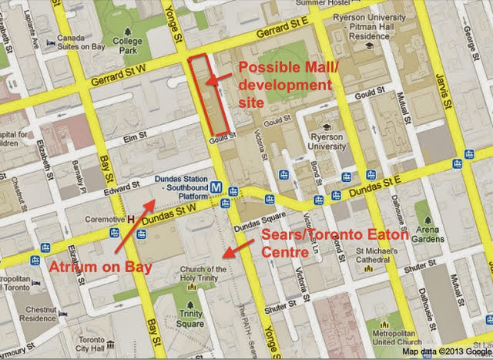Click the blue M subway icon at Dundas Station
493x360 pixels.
220,186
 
